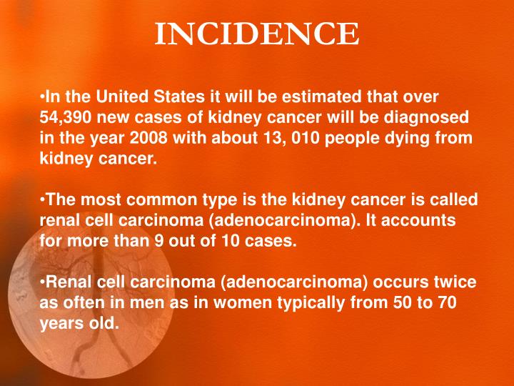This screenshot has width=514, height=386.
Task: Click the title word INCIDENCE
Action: (257, 34)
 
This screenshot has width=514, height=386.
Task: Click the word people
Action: (352, 138)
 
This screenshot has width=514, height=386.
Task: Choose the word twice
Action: (454, 282)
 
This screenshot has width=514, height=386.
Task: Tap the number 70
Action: (446, 302)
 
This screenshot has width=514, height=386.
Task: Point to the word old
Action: (102, 323)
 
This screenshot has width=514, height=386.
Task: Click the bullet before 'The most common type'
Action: (42, 199)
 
